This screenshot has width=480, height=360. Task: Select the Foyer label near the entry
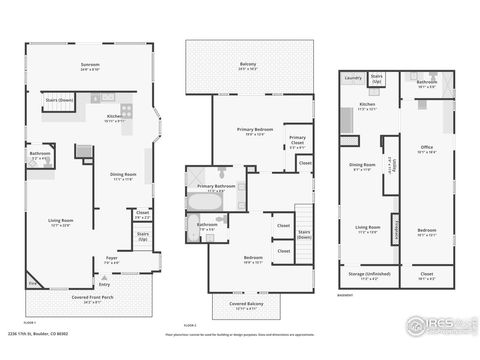point(112,258)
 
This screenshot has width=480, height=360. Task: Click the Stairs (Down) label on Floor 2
point(304,235)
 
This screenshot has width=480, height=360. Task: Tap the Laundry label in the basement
point(352,77)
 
